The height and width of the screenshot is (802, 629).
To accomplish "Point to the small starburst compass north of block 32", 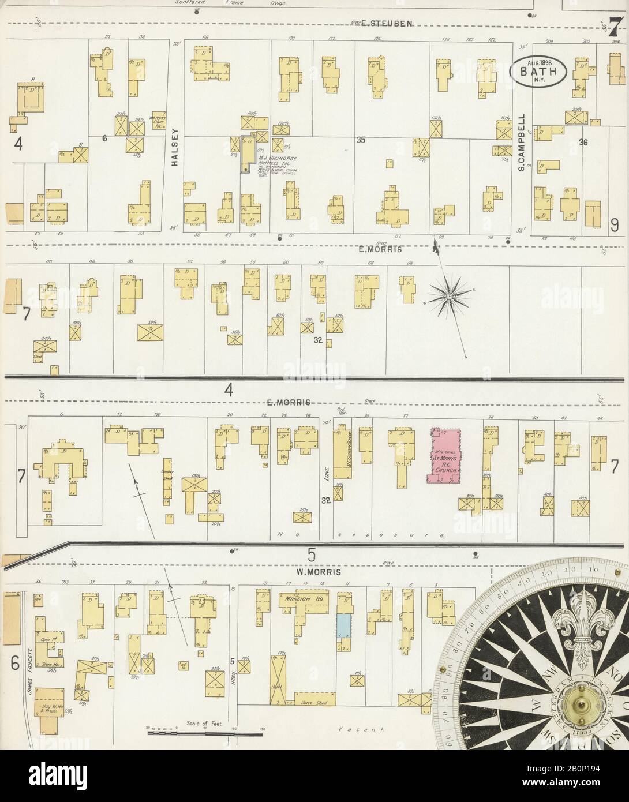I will point(448,296).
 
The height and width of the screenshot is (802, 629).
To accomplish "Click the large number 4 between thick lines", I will point(229,391).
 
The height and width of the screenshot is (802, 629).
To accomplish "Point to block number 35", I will point(362,139).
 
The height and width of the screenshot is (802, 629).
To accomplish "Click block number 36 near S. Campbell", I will point(583,143).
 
